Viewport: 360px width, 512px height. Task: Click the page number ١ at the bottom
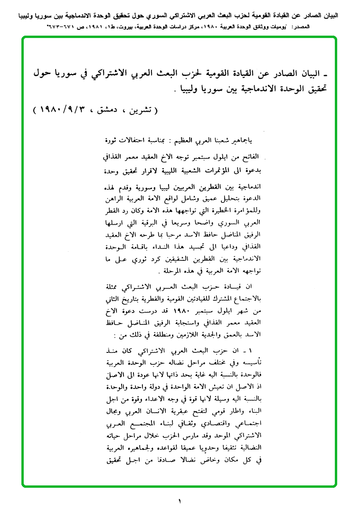coord(180,500)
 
